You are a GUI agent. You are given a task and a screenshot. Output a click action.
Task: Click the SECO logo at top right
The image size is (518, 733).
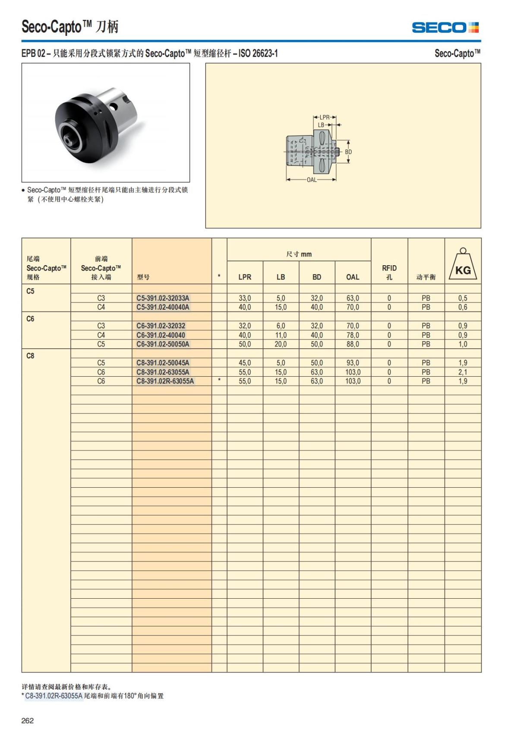(x=445, y=28)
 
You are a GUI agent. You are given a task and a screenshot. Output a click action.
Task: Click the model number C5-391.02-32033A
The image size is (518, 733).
(x=163, y=298)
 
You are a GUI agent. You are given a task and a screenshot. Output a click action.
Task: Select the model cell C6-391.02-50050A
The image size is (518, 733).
(x=163, y=344)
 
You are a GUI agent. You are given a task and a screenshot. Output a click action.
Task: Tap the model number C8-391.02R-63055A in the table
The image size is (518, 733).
(x=165, y=381)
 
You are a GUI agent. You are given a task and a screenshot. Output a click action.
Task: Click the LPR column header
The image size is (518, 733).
(x=245, y=277)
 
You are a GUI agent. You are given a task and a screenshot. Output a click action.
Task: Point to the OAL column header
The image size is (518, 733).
(x=353, y=277)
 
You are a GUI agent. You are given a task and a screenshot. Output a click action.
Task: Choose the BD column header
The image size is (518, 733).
(x=317, y=277)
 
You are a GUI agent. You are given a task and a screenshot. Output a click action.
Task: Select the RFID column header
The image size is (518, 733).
(x=389, y=272)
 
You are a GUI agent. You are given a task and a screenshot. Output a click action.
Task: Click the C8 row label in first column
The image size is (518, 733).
(x=30, y=356)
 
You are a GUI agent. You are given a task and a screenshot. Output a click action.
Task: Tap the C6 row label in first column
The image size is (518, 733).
(x=30, y=319)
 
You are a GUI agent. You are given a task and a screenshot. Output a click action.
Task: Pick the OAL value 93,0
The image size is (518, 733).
(x=353, y=363)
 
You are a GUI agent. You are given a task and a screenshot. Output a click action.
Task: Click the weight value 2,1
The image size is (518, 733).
(x=463, y=372)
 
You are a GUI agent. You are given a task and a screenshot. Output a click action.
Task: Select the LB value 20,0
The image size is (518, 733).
(x=281, y=344)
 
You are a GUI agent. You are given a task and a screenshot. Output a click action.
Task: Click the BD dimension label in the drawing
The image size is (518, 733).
(x=348, y=152)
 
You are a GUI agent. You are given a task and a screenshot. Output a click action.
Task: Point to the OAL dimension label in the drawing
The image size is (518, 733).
(x=312, y=180)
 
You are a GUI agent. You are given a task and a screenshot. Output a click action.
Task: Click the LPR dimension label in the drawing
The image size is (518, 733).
(x=325, y=117)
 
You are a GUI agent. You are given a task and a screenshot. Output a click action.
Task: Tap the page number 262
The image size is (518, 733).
(x=28, y=720)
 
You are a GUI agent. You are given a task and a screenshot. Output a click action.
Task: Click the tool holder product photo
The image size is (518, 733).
(x=105, y=123)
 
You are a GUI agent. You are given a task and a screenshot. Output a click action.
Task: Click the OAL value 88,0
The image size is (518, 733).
(x=353, y=344)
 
